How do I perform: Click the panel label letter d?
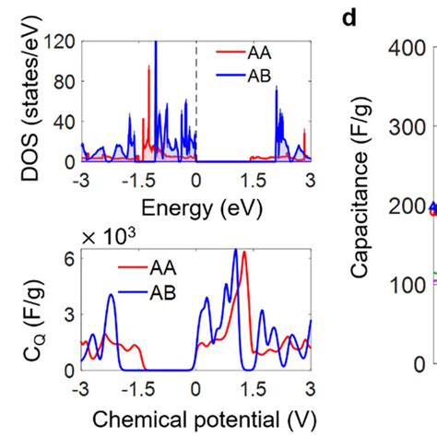point(349,18)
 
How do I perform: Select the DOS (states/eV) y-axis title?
point(27,101)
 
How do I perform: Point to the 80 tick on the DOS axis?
point(67,82)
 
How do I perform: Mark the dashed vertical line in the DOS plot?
point(196,101)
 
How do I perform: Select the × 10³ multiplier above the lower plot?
point(107,237)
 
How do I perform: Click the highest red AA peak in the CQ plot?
point(244,255)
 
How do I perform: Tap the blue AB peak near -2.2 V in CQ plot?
point(112,296)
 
